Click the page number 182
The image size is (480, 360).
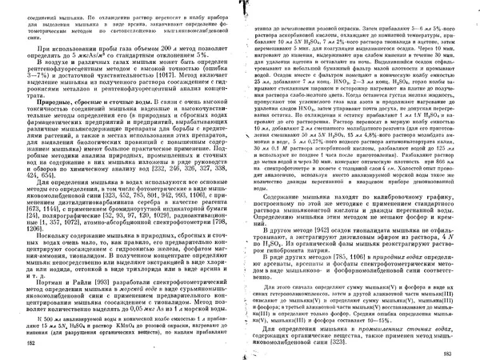point(30,342)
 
